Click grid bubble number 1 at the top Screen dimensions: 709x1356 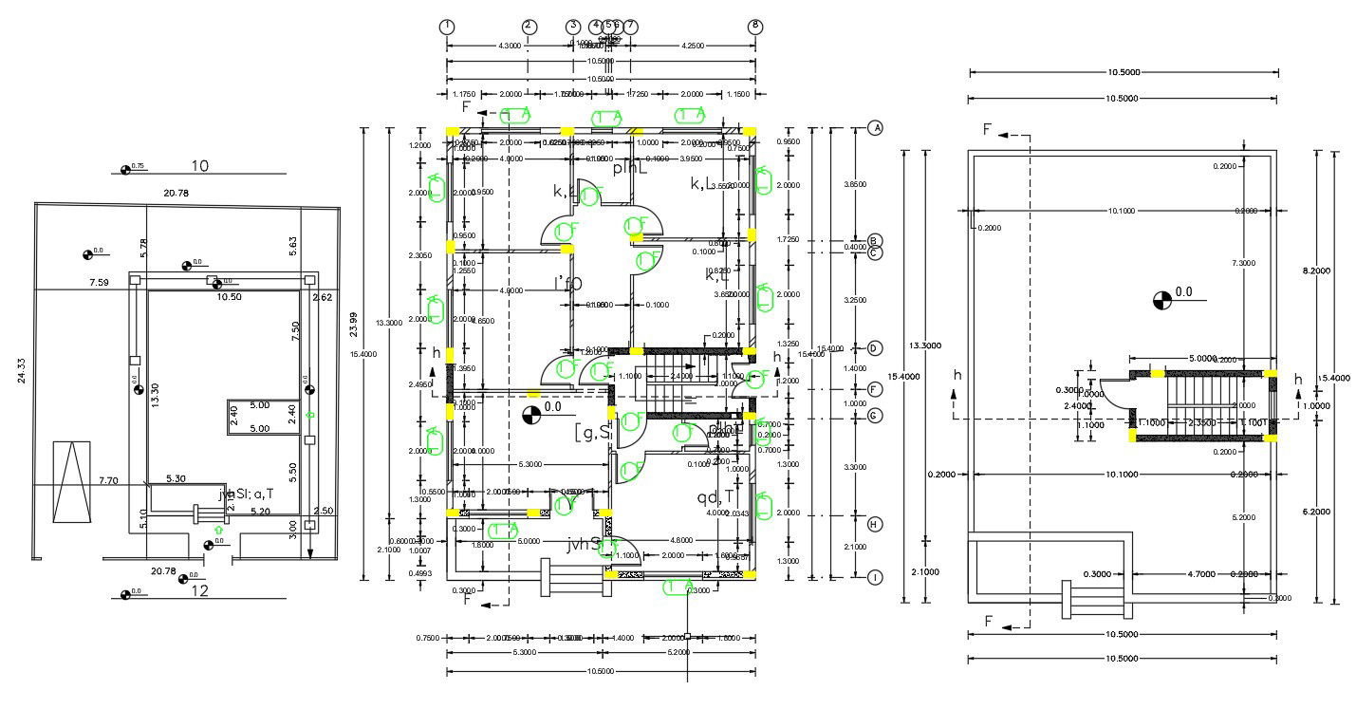[x=447, y=27]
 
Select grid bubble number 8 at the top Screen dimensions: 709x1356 [x=755, y=27]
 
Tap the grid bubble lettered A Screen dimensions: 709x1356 [x=876, y=128]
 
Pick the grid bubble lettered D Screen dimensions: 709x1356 [x=876, y=348]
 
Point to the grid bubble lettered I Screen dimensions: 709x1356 [x=876, y=577]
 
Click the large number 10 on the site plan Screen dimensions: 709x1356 [x=199, y=166]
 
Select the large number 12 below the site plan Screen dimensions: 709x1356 [x=199, y=591]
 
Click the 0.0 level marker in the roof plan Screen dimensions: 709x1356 [x=1161, y=301]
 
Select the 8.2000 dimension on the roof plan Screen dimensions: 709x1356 [x=1316, y=271]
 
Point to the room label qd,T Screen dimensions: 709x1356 [x=716, y=497]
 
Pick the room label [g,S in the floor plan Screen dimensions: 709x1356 [x=595, y=433]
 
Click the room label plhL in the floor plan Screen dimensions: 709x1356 [x=629, y=168]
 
